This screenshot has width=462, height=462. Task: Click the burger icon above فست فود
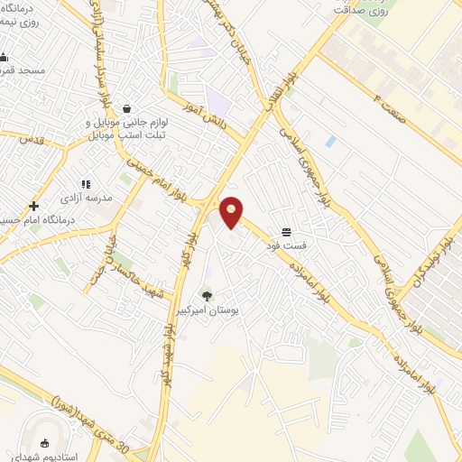pos(286,232)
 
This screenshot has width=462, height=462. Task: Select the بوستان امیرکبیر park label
pos(208,310)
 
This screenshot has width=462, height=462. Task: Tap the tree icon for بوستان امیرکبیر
pos(208,295)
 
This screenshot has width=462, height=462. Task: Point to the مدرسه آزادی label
pos(87,198)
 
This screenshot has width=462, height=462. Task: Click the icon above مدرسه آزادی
pos(87,184)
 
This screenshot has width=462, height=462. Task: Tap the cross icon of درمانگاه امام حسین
pos(33,206)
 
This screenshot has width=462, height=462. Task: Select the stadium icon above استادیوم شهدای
pos(46,443)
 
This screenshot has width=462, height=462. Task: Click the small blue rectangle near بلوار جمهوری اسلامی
pos(330,142)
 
